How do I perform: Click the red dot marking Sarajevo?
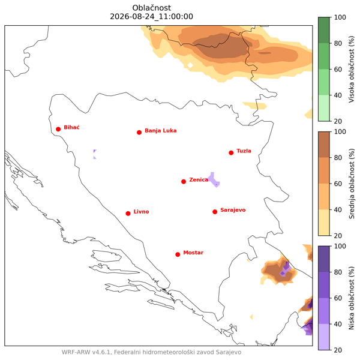(215, 212)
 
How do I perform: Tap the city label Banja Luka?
(160, 131)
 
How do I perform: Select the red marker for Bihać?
(58, 129)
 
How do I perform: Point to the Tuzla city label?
(244, 151)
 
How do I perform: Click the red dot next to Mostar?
(178, 254)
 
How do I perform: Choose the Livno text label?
(141, 211)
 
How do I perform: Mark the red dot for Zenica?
(184, 182)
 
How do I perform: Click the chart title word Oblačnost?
(152, 8)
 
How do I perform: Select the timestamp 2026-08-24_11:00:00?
(152, 17)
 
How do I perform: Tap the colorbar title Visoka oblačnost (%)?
(351, 69)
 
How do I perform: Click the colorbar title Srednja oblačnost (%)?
(351, 184)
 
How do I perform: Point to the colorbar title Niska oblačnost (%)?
(351, 298)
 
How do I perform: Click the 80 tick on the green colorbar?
(338, 43)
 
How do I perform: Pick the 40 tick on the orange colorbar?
(338, 209)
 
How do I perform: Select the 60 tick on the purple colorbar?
(338, 298)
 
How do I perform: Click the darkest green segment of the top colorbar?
(324, 30)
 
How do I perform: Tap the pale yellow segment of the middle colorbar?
(324, 223)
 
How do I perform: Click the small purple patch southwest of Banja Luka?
(95, 154)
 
